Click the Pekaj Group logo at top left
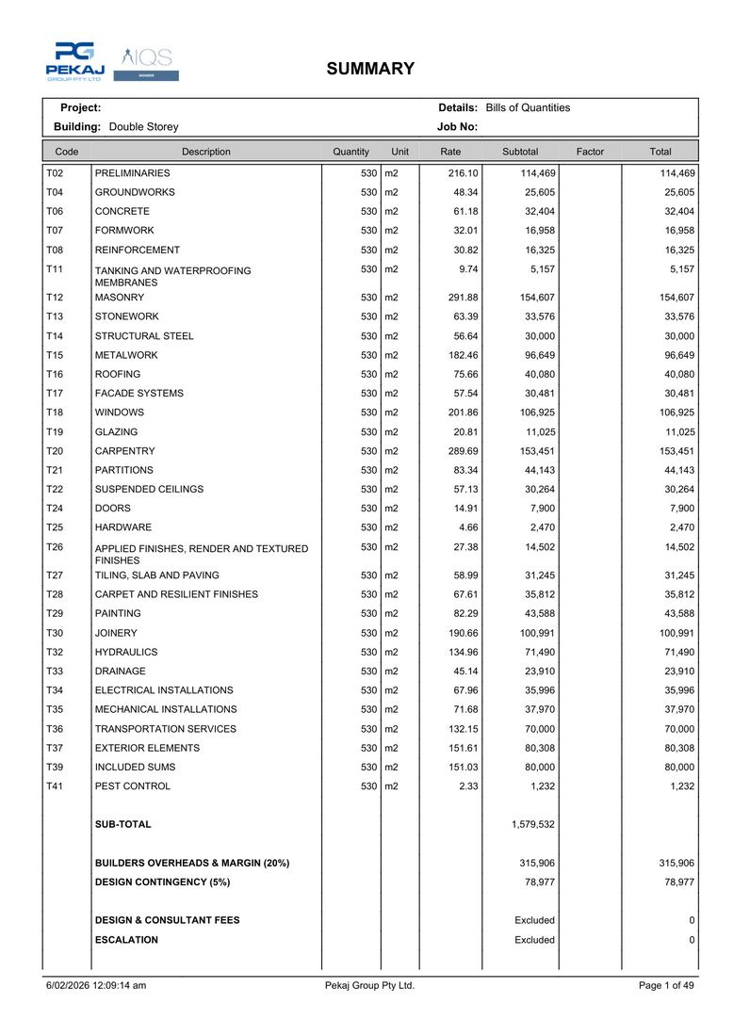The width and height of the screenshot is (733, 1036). (74, 61)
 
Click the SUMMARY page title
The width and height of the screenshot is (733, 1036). (370, 69)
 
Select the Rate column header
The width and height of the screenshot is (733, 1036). (450, 152)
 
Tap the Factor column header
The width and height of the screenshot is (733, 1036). (590, 152)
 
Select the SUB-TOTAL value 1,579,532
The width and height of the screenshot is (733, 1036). (533, 824)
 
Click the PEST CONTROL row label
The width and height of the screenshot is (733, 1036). (133, 786)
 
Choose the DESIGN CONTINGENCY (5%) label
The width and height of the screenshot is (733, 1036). (162, 882)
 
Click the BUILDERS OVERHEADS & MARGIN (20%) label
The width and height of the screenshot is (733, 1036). (192, 863)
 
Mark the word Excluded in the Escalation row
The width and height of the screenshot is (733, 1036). (534, 940)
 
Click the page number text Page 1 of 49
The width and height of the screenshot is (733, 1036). (666, 986)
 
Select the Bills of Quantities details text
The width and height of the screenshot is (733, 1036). (528, 108)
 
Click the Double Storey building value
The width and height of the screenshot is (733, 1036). (143, 127)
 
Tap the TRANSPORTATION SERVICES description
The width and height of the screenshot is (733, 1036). (165, 729)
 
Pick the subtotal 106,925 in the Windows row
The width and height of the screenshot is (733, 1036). (533, 413)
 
